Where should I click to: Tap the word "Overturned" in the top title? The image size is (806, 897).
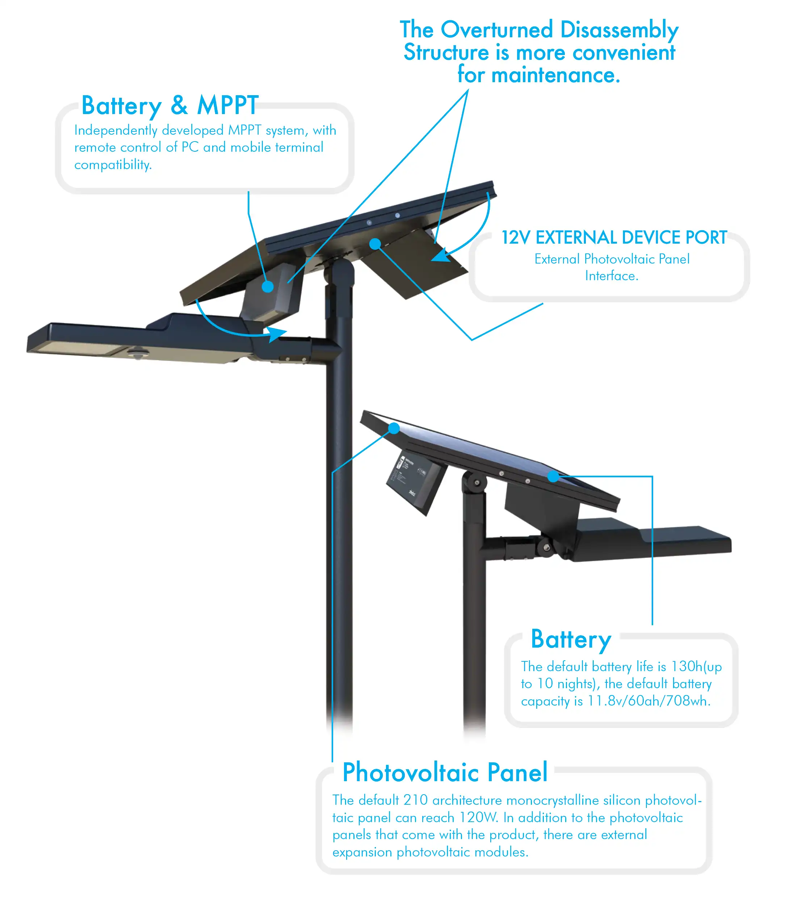click(x=496, y=30)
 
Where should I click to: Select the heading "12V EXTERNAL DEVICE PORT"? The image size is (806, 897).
click(x=614, y=238)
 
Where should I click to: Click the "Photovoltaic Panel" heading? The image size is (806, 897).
click(x=445, y=772)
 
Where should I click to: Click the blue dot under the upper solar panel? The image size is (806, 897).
click(x=375, y=244)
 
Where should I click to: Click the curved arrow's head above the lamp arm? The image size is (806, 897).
click(x=278, y=333)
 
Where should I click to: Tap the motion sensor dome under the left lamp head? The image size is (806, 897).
click(x=139, y=353)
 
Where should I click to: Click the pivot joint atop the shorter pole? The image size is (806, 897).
click(x=475, y=482)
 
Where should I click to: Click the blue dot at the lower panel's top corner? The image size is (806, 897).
click(x=394, y=428)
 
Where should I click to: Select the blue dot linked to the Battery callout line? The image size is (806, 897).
click(x=553, y=477)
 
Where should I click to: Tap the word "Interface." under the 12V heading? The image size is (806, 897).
click(x=612, y=276)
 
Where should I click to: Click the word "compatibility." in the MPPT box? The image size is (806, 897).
click(x=113, y=165)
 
